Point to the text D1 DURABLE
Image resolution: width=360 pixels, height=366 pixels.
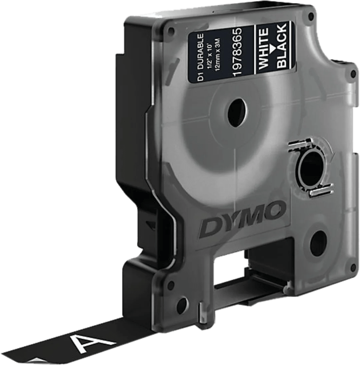tap(201, 57)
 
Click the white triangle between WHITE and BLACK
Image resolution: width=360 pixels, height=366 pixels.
tap(272, 47)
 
